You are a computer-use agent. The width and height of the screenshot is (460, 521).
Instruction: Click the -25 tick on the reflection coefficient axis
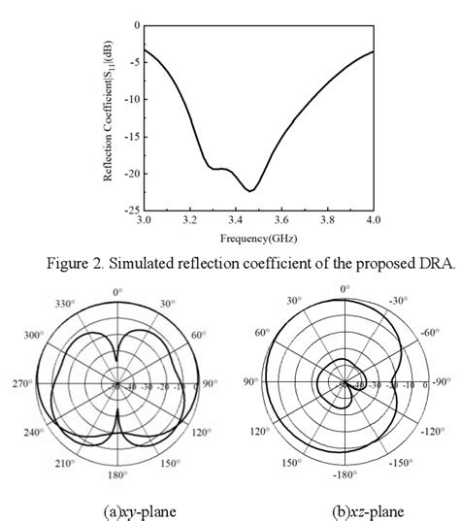[x=130, y=210]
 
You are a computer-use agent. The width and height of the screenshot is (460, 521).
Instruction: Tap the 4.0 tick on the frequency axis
[x=373, y=221]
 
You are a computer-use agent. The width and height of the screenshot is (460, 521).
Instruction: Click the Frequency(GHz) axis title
[x=257, y=237]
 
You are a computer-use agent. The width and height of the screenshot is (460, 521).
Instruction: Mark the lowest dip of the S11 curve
[x=249, y=190]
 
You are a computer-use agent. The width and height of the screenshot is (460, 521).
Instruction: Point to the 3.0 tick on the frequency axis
[x=144, y=221]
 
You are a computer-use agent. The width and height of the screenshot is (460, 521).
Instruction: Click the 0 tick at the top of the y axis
[x=136, y=25]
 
